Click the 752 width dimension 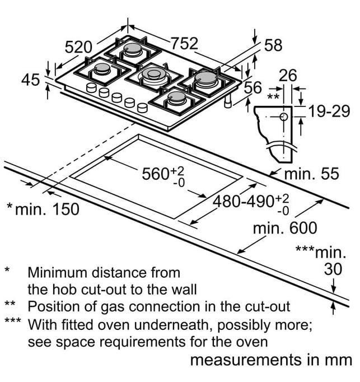[x=184, y=44]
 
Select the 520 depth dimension [x=78, y=47]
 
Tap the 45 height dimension [x=30, y=80]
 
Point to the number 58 [x=273, y=45]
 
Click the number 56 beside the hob [x=253, y=88]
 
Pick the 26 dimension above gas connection [x=288, y=76]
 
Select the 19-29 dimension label [x=329, y=111]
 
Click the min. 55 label [x=312, y=174]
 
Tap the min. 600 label [x=285, y=228]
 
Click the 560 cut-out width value [x=156, y=174]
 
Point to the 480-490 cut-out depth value [x=244, y=202]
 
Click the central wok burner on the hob [x=154, y=74]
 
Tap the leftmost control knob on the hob [x=91, y=88]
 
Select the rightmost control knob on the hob [x=142, y=108]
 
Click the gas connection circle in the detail [x=284, y=117]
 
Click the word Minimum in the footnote [x=57, y=273]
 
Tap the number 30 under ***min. [x=333, y=269]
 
